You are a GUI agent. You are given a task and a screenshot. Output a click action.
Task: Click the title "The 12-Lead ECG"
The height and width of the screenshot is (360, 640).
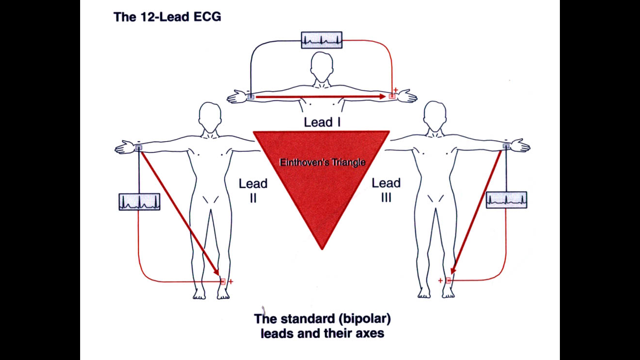pyautogui.click(x=167, y=17)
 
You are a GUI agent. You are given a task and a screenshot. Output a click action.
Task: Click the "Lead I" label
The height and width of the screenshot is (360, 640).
pyautogui.click(x=322, y=123)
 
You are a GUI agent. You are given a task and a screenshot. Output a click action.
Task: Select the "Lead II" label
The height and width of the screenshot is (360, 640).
pyautogui.click(x=253, y=190)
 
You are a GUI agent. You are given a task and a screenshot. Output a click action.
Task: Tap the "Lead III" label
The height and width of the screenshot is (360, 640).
pyautogui.click(x=386, y=190)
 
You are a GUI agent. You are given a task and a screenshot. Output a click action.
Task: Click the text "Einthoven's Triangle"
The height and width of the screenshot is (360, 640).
pyautogui.click(x=322, y=163)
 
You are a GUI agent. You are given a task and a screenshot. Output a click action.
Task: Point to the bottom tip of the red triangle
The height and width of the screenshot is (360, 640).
pyautogui.click(x=322, y=248)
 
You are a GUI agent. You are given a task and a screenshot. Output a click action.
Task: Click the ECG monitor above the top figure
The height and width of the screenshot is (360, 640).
pyautogui.click(x=321, y=40)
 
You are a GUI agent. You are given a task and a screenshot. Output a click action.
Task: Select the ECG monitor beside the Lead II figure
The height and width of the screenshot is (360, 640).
pyautogui.click(x=139, y=202)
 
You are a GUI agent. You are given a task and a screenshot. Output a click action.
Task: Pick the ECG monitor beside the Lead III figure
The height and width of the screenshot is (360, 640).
pyautogui.click(x=506, y=200)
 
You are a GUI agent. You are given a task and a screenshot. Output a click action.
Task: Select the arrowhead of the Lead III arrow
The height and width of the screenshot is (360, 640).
pyautogui.click(x=453, y=272)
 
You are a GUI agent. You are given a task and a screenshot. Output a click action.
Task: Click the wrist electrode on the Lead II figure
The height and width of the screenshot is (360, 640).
pyautogui.click(x=139, y=148)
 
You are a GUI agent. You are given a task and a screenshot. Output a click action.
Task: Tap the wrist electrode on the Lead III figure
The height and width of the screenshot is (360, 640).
pyautogui.click(x=506, y=147)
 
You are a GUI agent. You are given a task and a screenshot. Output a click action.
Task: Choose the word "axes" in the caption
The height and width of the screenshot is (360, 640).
pyautogui.click(x=371, y=334)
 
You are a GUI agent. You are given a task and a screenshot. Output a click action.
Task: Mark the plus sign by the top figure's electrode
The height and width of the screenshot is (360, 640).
pyautogui.click(x=395, y=90)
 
